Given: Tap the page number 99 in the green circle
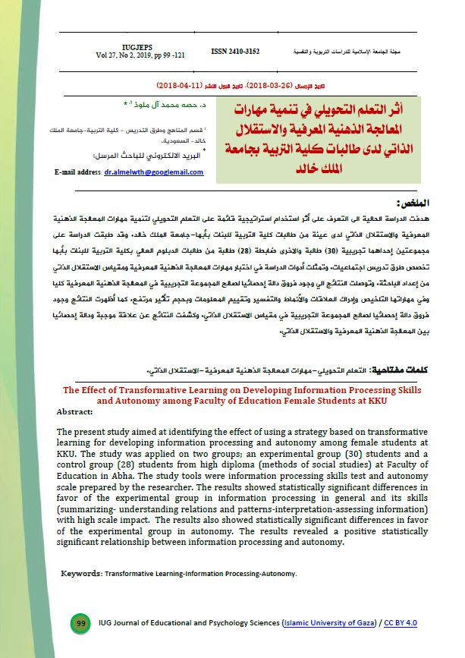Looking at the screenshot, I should (80, 623).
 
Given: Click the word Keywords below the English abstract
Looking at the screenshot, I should (81, 575).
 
